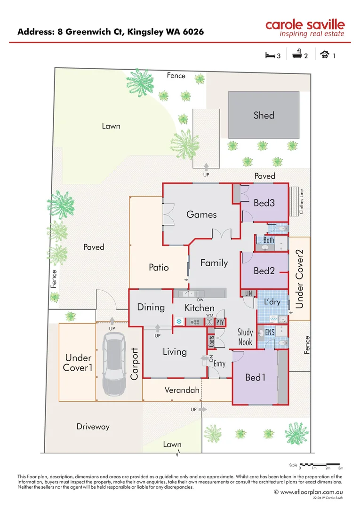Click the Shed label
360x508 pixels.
click(x=264, y=115)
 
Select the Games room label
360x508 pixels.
click(x=201, y=214)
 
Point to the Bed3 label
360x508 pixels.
click(x=264, y=203)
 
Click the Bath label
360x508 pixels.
click(x=269, y=240)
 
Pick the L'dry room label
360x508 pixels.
click(x=272, y=302)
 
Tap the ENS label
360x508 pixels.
click(x=270, y=333)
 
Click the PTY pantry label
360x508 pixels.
click(x=220, y=322)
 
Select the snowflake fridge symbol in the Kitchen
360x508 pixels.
click(x=179, y=322)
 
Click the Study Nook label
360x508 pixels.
click(x=245, y=338)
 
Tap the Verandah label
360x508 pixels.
click(x=182, y=390)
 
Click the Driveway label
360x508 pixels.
click(x=93, y=427)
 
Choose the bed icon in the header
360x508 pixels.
click(x=270, y=56)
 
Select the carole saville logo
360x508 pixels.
click(x=305, y=28)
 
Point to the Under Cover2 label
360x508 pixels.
click(x=299, y=279)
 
